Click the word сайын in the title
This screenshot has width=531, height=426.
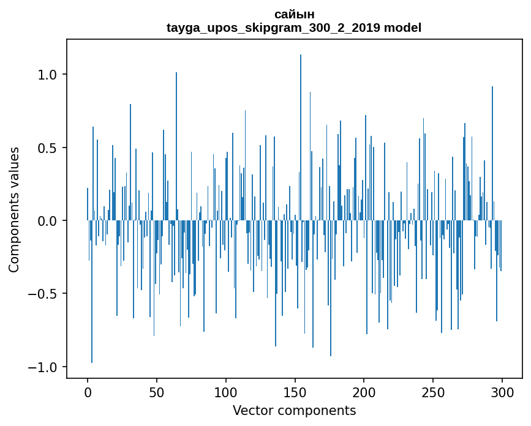[294, 14]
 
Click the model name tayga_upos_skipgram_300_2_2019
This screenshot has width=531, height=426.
[273, 28]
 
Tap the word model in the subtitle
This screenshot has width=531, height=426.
[402, 28]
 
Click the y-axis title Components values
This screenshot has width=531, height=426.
[14, 209]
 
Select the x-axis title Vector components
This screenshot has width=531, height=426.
[294, 410]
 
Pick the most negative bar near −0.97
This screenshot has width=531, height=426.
[92, 294]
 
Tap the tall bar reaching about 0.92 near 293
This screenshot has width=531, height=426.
[492, 153]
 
